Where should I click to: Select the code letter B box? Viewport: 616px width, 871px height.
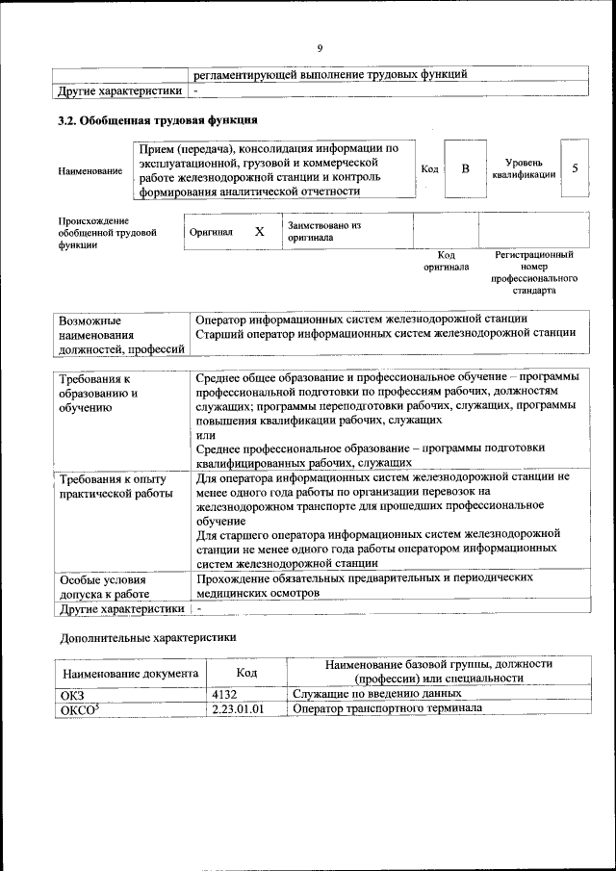tap(465, 169)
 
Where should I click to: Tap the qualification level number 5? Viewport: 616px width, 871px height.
tap(575, 169)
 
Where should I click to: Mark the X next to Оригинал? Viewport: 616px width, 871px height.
tap(259, 232)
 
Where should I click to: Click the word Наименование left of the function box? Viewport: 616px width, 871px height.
tap(90, 170)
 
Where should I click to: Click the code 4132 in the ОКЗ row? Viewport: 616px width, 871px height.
tap(224, 694)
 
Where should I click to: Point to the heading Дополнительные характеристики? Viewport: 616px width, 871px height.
tap(147, 636)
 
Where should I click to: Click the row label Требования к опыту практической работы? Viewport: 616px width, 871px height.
tap(114, 486)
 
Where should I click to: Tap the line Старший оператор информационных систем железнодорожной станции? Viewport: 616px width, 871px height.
tap(385, 333)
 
